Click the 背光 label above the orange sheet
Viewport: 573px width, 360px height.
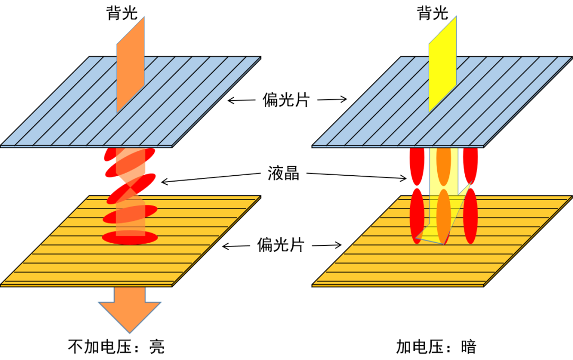[x=122, y=13]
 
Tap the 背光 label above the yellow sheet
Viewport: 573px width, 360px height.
[x=433, y=13]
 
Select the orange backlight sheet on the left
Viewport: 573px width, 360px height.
[x=131, y=65]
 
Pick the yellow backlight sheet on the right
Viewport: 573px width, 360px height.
[x=442, y=64]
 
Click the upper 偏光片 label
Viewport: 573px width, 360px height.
[x=286, y=99]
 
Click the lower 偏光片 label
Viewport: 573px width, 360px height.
[x=281, y=244]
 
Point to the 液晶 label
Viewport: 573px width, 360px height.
[x=283, y=173]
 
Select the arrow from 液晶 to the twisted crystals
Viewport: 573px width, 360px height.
[x=211, y=177]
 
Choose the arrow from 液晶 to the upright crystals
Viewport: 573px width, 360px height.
[x=357, y=176]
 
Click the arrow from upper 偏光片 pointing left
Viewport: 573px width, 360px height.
[x=241, y=100]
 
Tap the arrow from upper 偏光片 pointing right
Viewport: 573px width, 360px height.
[x=332, y=99]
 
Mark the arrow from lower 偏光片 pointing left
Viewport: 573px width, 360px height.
[x=236, y=246]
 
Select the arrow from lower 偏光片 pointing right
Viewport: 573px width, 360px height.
[x=327, y=245]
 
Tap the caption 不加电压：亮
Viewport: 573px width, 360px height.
[x=116, y=347]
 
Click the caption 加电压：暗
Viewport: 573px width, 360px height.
[x=436, y=347]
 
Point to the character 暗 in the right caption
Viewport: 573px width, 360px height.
[x=469, y=347]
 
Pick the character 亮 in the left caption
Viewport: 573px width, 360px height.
[x=157, y=347]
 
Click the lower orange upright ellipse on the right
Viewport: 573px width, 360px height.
[x=444, y=216]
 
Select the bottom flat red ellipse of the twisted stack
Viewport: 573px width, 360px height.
[x=130, y=238]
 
